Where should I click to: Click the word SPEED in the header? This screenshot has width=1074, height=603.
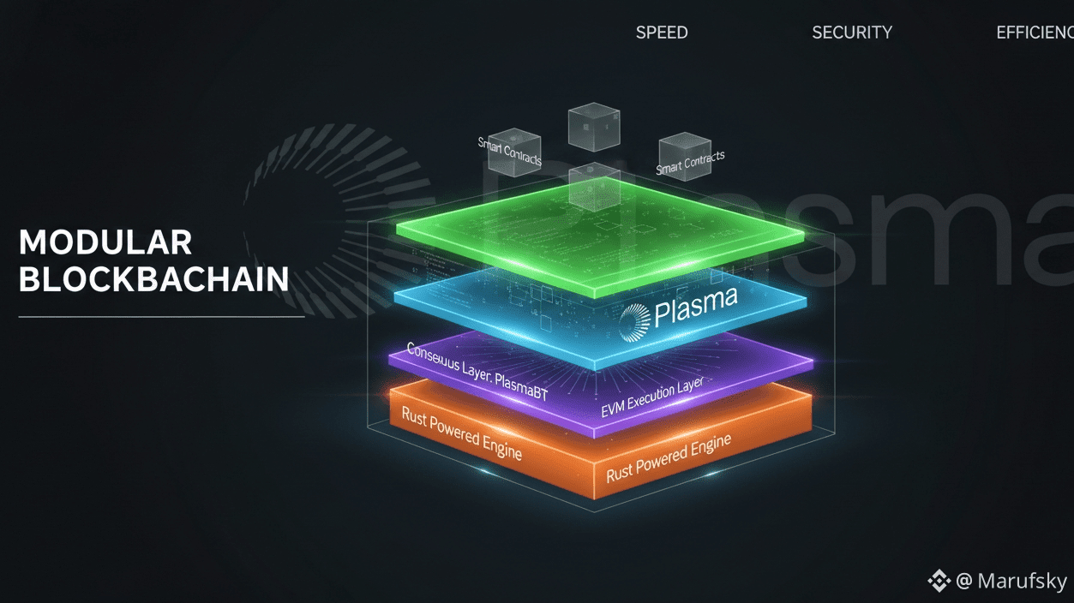[x=662, y=33]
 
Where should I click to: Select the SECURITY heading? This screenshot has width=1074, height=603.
[x=852, y=33]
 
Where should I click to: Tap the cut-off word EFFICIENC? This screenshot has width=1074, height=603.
[x=1035, y=33]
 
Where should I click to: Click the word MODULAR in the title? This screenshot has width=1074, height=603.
[x=105, y=243]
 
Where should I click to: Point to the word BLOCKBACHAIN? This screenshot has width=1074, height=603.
[x=153, y=280]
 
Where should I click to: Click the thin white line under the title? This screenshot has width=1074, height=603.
[x=161, y=317]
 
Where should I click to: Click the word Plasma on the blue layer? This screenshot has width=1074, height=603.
[x=695, y=309]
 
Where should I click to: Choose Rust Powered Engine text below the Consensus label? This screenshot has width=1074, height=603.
[x=461, y=433]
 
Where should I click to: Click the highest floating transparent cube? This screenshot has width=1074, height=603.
[x=593, y=127]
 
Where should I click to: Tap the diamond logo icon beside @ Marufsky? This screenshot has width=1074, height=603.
[x=939, y=582]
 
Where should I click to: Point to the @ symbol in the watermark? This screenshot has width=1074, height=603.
[x=964, y=582]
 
